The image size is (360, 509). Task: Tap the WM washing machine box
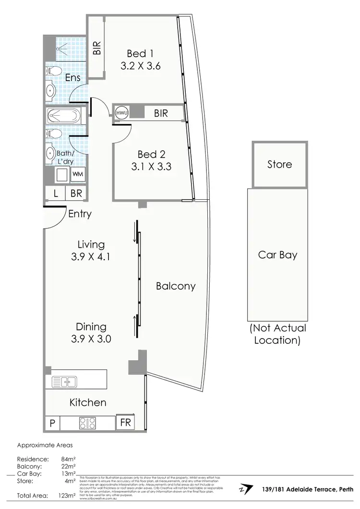(x=77, y=175)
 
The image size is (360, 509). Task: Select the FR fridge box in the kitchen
(x=125, y=423)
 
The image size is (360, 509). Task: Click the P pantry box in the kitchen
(x=52, y=423)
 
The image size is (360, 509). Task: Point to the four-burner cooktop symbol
(x=87, y=423)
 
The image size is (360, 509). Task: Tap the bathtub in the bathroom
(x=65, y=117)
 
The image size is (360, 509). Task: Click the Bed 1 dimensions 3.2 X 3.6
(x=140, y=66)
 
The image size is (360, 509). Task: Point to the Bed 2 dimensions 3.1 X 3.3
(x=151, y=167)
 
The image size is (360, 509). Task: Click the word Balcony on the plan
(x=176, y=286)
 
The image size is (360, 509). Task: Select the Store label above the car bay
(x=279, y=164)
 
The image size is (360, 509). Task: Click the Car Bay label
(x=277, y=254)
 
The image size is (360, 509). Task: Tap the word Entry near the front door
(x=80, y=214)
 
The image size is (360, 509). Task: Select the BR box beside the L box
(x=76, y=194)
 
